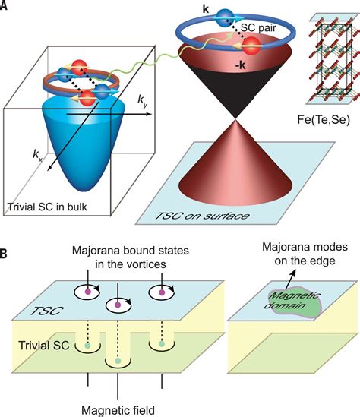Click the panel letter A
[x=6, y=6]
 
